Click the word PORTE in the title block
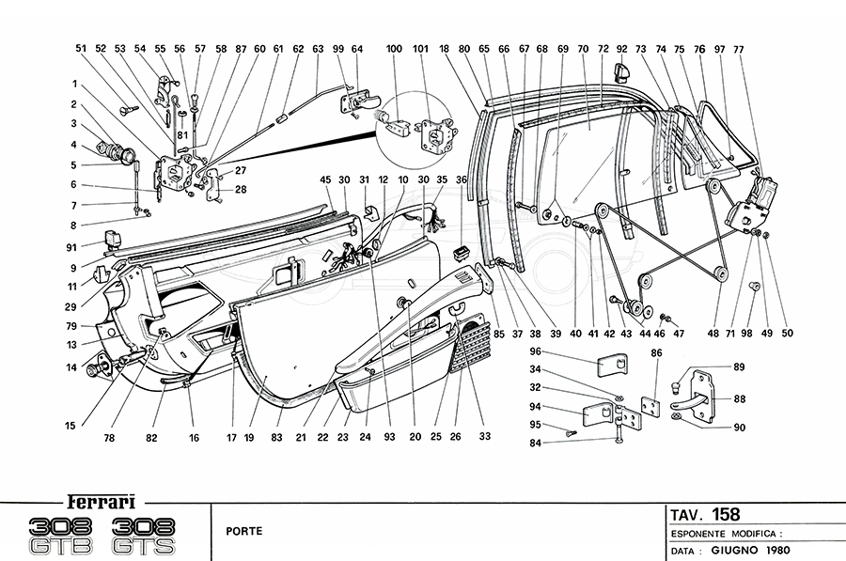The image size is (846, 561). click(x=243, y=531)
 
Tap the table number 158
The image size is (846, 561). click(x=726, y=514)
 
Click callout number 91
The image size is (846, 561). click(x=71, y=248)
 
